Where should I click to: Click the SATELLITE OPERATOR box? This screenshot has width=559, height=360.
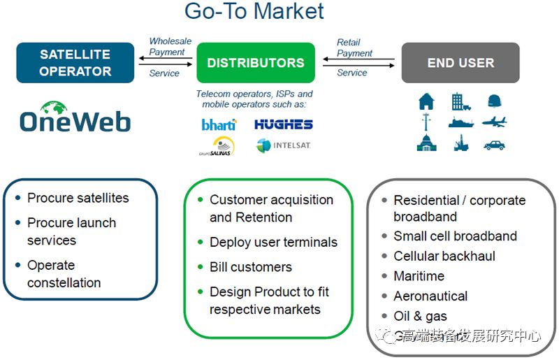(75, 63)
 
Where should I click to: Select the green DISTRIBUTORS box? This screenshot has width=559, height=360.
(255, 63)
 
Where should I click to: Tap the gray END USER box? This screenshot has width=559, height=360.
(460, 63)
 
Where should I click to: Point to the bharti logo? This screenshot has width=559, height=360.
(219, 124)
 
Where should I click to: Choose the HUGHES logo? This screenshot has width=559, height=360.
(283, 124)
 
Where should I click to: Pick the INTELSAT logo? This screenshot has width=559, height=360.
(283, 145)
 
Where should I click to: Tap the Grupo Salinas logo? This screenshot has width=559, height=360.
(218, 145)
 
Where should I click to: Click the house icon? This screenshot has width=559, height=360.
(426, 101)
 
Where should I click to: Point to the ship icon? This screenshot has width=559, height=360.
(460, 123)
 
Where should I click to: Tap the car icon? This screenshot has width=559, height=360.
(494, 145)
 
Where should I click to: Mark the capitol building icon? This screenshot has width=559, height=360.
(426, 143)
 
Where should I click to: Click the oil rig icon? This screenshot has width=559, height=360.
(460, 143)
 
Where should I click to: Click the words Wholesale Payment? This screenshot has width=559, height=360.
(167, 46)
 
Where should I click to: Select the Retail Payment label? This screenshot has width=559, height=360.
(354, 48)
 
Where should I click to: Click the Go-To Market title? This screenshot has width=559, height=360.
(254, 11)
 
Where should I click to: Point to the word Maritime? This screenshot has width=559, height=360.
(419, 275)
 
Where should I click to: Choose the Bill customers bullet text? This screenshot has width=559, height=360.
(251, 267)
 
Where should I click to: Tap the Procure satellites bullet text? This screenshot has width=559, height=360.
(78, 198)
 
